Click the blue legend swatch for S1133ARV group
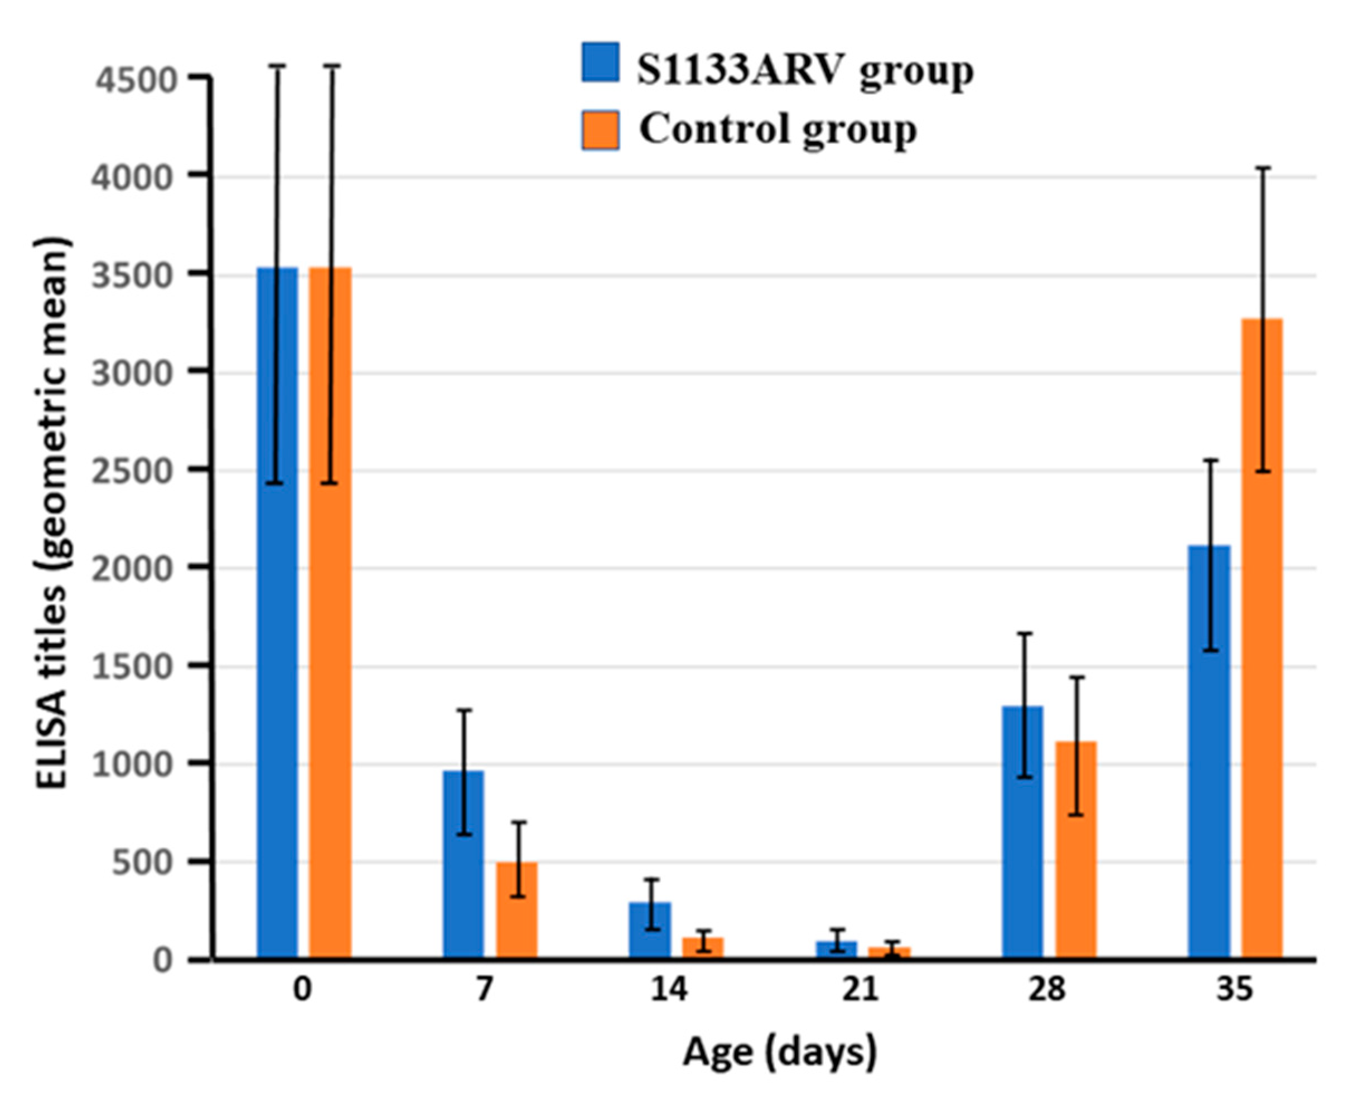tap(600, 62)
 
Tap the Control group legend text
tap(778, 130)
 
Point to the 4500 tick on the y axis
tap(136, 80)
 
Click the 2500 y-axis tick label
tap(136, 471)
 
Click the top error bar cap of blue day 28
tap(1025, 633)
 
